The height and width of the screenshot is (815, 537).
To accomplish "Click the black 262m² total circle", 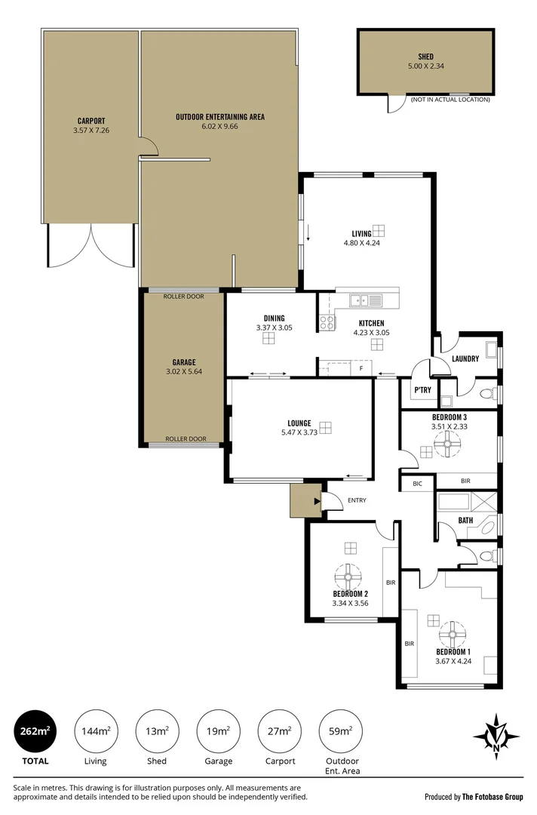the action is [x=35, y=730].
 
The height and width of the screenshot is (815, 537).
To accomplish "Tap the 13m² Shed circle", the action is [x=157, y=731].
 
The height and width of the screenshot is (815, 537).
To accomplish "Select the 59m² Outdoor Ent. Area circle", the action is [x=341, y=731].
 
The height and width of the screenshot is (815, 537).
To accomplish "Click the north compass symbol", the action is [x=496, y=737].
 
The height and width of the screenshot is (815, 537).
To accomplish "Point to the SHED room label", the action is [x=426, y=57].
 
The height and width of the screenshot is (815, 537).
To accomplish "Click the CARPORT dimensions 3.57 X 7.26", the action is [x=91, y=131].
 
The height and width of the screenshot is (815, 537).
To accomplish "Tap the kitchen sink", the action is [x=366, y=300].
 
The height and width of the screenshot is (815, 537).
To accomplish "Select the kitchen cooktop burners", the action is [x=327, y=322].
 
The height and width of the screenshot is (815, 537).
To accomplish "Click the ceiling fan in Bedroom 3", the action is [x=447, y=444].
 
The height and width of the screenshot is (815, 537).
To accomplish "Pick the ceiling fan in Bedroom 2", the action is [x=348, y=577].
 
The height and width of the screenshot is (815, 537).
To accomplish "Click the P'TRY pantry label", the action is [x=423, y=390].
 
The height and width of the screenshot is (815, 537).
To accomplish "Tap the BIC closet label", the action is [x=418, y=484].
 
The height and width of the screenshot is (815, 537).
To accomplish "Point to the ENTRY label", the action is [x=357, y=500].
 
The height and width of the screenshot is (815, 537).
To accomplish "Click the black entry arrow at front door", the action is [x=317, y=502].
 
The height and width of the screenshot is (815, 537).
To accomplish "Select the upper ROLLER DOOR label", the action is [x=184, y=297].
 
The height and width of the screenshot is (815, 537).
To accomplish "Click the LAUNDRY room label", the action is [x=465, y=358].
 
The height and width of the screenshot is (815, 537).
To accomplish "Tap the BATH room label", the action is [x=465, y=520].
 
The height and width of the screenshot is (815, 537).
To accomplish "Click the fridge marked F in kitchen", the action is [x=361, y=368].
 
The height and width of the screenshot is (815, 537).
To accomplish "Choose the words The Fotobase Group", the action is [x=493, y=797].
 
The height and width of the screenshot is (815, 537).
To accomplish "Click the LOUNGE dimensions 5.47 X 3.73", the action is [x=299, y=432].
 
